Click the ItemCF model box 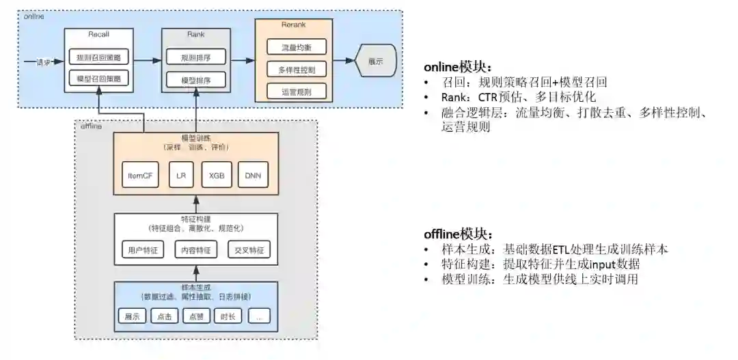(x=140, y=176)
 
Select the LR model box (x=181, y=176)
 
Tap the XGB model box (x=217, y=176)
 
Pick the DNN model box (x=252, y=176)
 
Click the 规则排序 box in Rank (x=195, y=57)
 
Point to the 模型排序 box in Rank (x=195, y=80)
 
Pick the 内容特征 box (x=195, y=250)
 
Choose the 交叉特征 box (x=249, y=250)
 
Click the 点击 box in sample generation (x=164, y=316)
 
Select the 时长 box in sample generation (x=228, y=316)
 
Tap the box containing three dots (x=260, y=316)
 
